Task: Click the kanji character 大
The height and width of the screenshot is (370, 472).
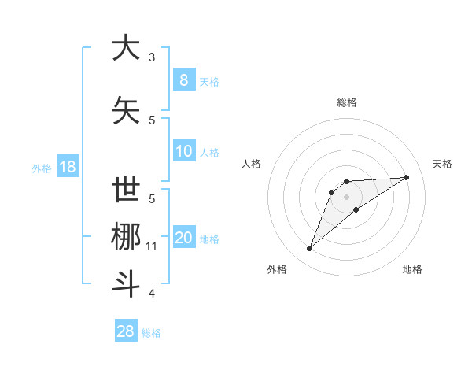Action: coord(126,48)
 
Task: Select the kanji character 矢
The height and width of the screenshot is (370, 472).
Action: coord(126,111)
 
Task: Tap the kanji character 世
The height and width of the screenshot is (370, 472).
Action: coord(126,191)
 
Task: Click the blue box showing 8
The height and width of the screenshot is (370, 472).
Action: coord(183,80)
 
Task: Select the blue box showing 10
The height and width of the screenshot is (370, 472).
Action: coord(183,151)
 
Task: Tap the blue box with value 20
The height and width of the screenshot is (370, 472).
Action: coord(183,238)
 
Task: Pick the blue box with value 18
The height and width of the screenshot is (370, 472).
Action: coord(67,167)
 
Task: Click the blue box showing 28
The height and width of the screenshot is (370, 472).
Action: coord(126,331)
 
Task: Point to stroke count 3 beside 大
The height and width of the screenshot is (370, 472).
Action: coord(152,57)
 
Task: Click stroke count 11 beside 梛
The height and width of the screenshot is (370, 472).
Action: coord(152,246)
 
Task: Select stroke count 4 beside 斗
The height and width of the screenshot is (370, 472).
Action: coord(152,294)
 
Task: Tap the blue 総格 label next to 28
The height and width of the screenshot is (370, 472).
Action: coord(151,333)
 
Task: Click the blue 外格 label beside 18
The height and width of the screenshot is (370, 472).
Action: coord(42,168)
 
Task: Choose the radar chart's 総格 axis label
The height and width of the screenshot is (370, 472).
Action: coord(346,102)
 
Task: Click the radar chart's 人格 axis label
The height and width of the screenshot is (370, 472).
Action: coord(251,164)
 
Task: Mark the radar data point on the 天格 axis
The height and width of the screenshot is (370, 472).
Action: coord(407,177)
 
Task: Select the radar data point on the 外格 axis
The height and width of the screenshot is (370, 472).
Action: coord(309,249)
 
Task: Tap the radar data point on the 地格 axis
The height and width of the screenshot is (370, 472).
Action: coord(356,209)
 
